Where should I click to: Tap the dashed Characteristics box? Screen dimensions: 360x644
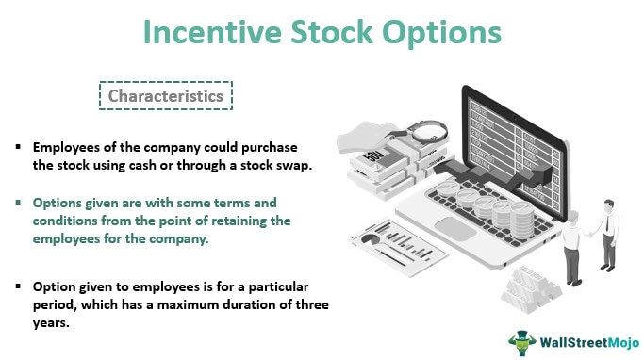(165, 96)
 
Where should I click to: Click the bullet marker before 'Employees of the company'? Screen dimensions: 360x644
(18, 149)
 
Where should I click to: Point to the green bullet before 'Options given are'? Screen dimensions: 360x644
(18, 203)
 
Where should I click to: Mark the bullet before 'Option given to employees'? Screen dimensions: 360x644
(18, 285)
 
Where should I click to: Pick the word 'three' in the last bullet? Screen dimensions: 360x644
(308, 303)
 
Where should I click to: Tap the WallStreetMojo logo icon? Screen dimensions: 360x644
(520, 340)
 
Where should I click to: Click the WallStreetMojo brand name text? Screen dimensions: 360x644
(582, 340)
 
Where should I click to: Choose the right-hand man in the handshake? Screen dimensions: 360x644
(609, 240)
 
